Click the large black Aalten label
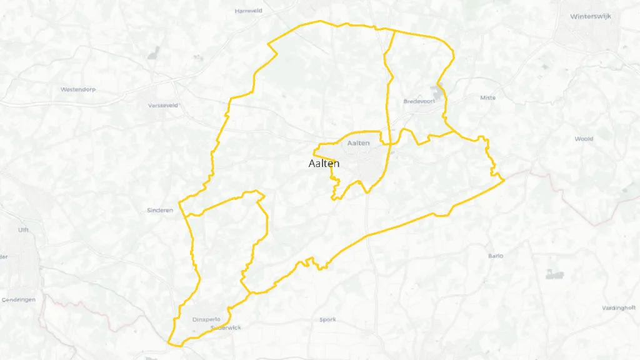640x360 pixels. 324,164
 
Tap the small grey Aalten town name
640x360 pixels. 359,144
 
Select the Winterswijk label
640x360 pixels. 592,17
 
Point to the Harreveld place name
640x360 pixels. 248,11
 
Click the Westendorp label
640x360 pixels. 78,89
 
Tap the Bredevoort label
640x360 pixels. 419,101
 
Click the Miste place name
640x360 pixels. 487,97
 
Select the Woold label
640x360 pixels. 584,139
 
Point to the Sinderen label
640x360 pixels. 159,210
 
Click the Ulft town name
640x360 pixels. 23,230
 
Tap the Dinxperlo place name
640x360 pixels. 207,319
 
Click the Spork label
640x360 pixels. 327,319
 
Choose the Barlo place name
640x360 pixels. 496,256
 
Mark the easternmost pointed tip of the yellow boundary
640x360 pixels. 504,181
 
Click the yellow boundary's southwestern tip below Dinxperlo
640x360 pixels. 169,342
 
